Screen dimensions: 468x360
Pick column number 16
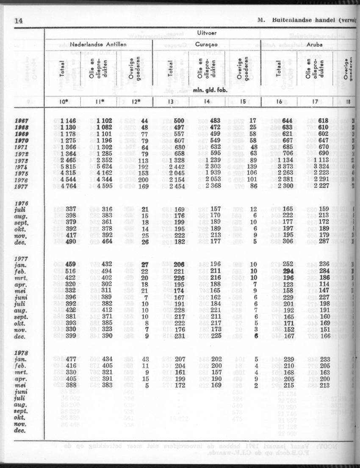click(x=280, y=102)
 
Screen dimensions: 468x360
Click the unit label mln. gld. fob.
click(x=208, y=90)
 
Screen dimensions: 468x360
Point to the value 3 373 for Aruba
click(x=287, y=167)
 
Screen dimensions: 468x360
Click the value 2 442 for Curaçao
click(x=177, y=167)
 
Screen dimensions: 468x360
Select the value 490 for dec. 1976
click(x=71, y=242)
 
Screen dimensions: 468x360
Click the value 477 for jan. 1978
click(x=71, y=359)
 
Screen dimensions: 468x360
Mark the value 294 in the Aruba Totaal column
click(x=289, y=271)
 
